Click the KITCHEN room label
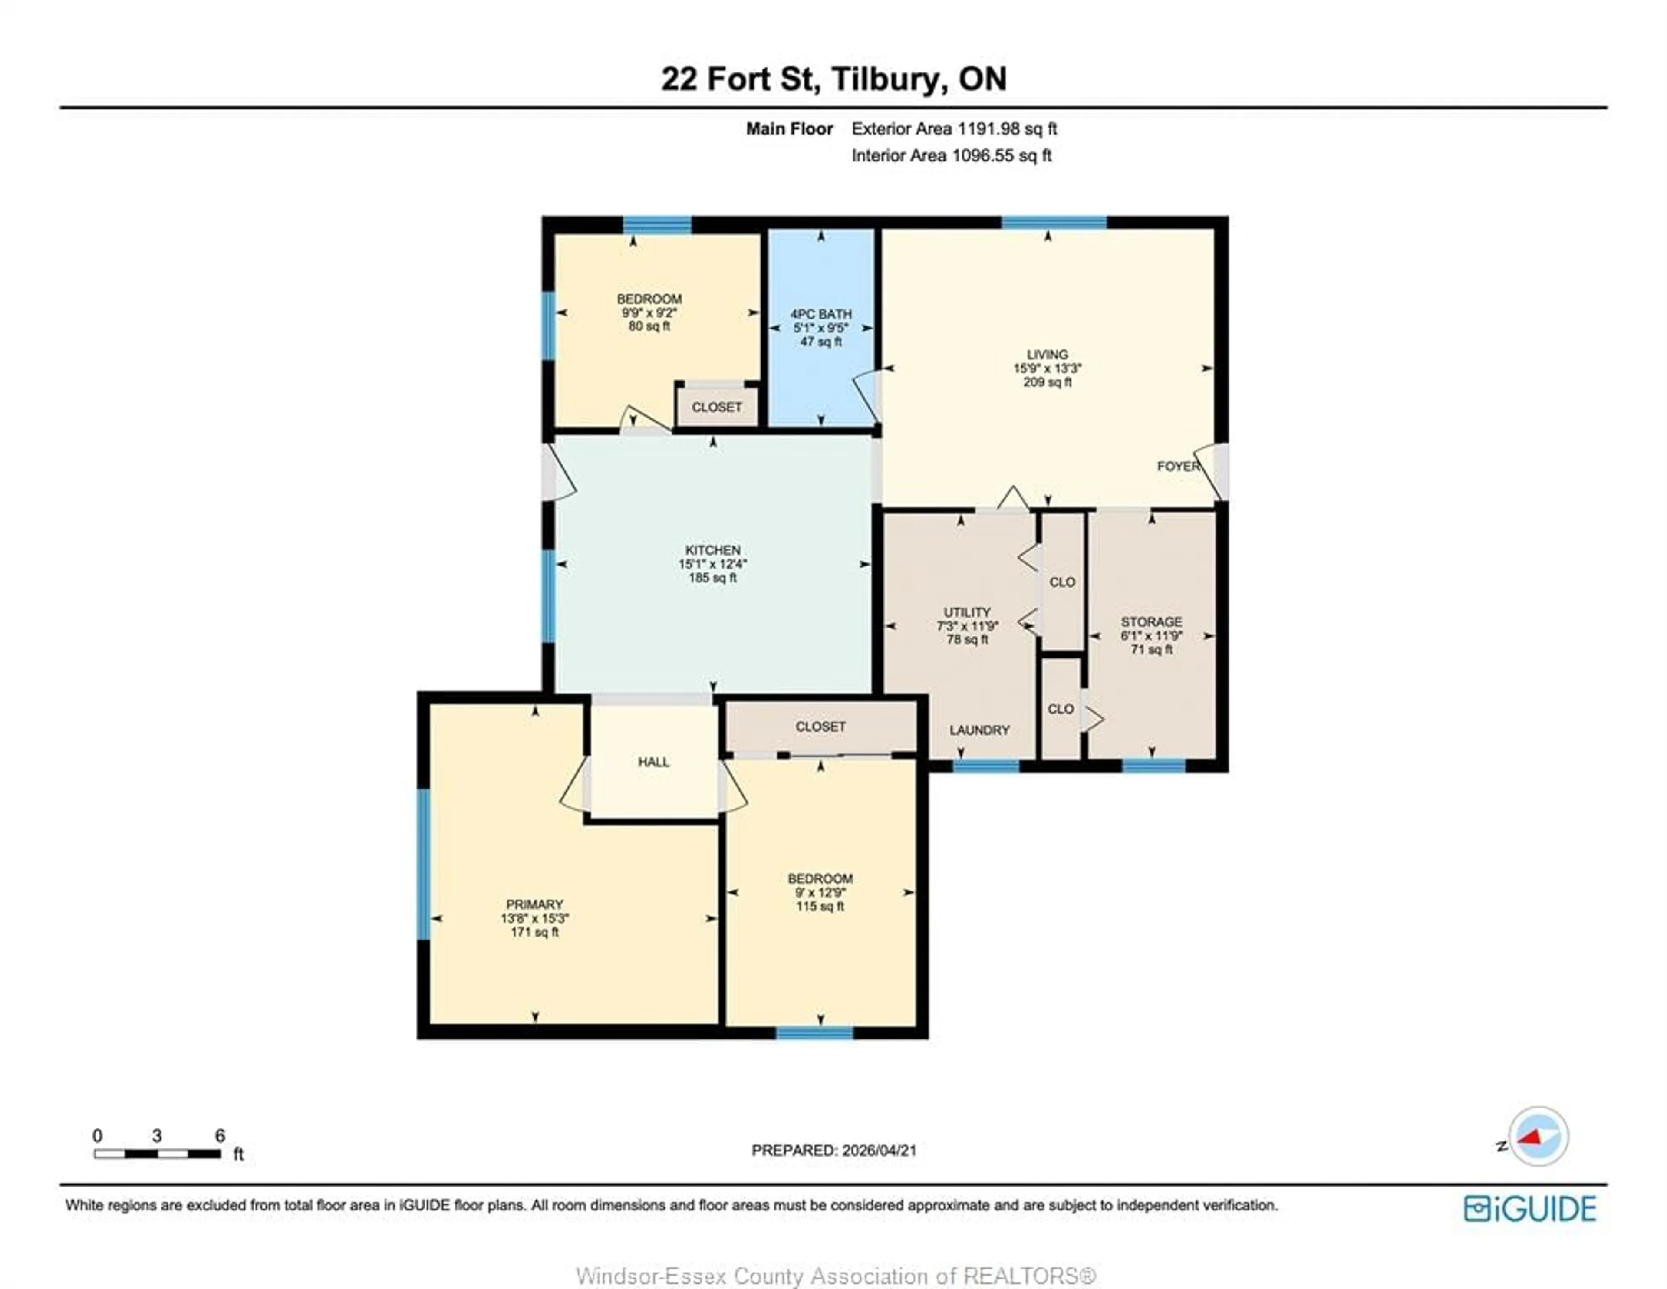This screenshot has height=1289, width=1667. coord(712,549)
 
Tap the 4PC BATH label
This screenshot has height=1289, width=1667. coord(820,314)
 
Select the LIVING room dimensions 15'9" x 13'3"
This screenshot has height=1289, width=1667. coord(1047,368)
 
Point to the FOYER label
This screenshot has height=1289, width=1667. coord(1178,466)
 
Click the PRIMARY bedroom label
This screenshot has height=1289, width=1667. coord(534,904)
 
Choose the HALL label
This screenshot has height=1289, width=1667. coord(653,762)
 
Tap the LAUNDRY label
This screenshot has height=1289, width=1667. coord(979,730)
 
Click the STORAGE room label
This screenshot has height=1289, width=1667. coord(1151,622)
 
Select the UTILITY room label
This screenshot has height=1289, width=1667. coord(967,612)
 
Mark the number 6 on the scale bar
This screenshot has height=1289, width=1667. coord(220,1136)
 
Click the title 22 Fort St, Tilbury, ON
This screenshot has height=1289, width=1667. coord(833,79)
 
